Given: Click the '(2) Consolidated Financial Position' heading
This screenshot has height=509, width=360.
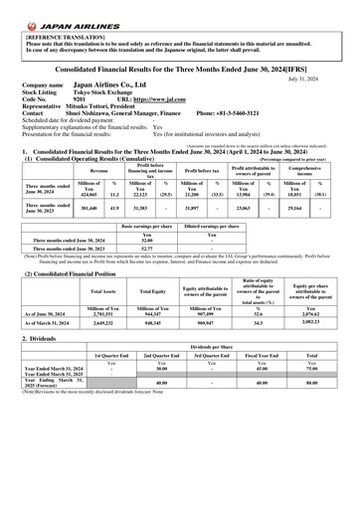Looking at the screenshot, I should (67, 272).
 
